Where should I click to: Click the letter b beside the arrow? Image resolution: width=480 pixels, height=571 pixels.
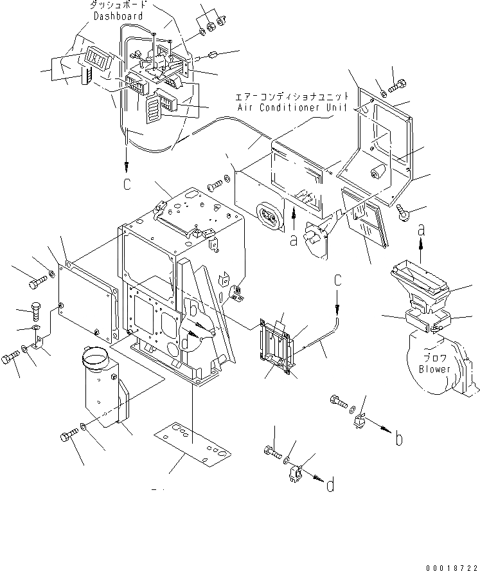click(399, 440)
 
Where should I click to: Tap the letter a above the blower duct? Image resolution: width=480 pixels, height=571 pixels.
click(422, 229)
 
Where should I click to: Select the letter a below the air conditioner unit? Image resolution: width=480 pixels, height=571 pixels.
click(294, 240)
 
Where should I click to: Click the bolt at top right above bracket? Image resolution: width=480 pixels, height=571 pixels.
click(396, 86)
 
